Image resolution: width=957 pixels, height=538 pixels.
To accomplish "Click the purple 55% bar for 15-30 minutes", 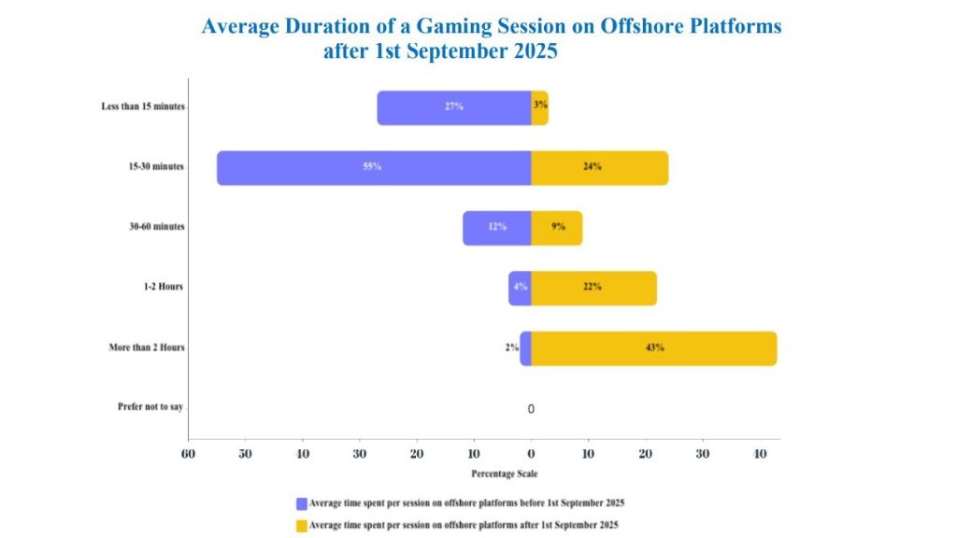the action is [374, 168].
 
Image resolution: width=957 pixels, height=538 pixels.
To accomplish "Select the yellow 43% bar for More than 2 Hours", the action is [653, 348].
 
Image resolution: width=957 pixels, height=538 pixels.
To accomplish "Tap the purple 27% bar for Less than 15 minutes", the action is [454, 108].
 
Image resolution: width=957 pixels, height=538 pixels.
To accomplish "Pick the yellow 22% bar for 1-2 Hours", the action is [593, 289].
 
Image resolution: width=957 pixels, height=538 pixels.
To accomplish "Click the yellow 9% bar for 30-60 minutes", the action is [557, 228].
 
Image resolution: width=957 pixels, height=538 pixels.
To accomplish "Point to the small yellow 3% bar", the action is [539, 108].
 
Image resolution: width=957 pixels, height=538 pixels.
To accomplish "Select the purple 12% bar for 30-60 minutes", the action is [497, 228].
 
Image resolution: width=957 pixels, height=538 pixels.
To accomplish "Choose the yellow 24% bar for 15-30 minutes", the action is [599, 168].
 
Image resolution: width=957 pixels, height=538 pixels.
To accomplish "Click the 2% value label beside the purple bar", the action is [511, 347].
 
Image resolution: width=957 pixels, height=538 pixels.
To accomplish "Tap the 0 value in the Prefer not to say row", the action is [531, 409].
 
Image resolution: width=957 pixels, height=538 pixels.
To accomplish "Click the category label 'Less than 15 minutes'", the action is [143, 106].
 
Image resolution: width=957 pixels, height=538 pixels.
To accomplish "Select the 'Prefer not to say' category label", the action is [150, 407].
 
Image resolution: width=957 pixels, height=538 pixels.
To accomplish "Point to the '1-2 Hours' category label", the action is [163, 287].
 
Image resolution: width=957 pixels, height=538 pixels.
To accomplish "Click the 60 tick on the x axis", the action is [188, 455].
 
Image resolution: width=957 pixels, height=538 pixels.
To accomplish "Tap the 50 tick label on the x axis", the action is [246, 455].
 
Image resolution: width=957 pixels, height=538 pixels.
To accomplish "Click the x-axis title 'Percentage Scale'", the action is [504, 474].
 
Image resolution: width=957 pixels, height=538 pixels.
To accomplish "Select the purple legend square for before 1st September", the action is [302, 503].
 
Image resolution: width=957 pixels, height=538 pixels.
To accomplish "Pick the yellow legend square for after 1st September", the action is [302, 526].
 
